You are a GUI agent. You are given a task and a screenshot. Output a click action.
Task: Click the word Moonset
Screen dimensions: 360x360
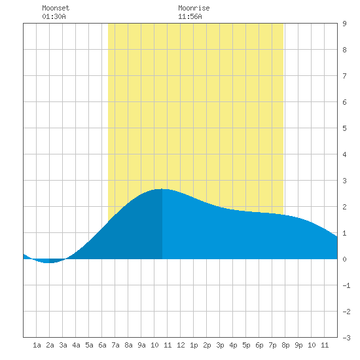coord(56,8)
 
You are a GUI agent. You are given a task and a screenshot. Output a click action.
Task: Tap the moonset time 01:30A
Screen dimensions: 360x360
coord(54,16)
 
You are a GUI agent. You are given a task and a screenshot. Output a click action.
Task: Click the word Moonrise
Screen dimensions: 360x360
coord(194,8)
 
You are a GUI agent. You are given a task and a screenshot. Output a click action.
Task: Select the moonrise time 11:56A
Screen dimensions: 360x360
coord(190,16)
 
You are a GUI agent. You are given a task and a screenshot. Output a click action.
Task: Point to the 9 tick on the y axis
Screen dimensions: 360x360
coord(344,24)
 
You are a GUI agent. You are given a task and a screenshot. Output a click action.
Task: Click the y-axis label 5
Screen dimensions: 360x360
coord(344,128)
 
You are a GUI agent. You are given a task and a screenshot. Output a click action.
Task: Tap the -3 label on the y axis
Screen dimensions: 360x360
coord(346,338)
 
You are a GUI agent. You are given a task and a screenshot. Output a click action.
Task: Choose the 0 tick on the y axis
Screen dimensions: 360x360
coord(344,259)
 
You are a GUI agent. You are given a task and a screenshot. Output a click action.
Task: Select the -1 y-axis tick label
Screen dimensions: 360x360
coord(346,285)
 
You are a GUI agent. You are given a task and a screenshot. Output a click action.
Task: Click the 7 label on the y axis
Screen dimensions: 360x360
coord(344,76)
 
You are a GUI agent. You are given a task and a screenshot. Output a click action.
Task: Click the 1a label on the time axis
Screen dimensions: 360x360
coord(37,345)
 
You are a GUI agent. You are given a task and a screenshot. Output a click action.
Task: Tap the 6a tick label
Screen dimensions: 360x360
coord(102,345)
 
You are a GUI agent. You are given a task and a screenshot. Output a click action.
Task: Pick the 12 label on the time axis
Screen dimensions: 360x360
coord(181,345)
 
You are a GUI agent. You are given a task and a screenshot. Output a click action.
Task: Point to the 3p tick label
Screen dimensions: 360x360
coord(220,345)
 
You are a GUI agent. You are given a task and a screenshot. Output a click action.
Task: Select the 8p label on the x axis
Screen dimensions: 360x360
coord(285,345)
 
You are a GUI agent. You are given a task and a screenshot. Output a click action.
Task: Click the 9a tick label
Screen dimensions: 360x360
coord(141,345)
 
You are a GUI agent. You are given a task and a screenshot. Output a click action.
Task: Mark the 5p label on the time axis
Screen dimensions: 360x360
coord(246,345)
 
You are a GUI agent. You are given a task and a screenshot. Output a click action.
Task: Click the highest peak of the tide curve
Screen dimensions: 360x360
coord(162,189)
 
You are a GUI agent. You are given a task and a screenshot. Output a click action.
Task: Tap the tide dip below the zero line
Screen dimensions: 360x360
coord(48,262)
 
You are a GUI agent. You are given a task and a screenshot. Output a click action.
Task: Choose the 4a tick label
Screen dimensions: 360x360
coord(76,345)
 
